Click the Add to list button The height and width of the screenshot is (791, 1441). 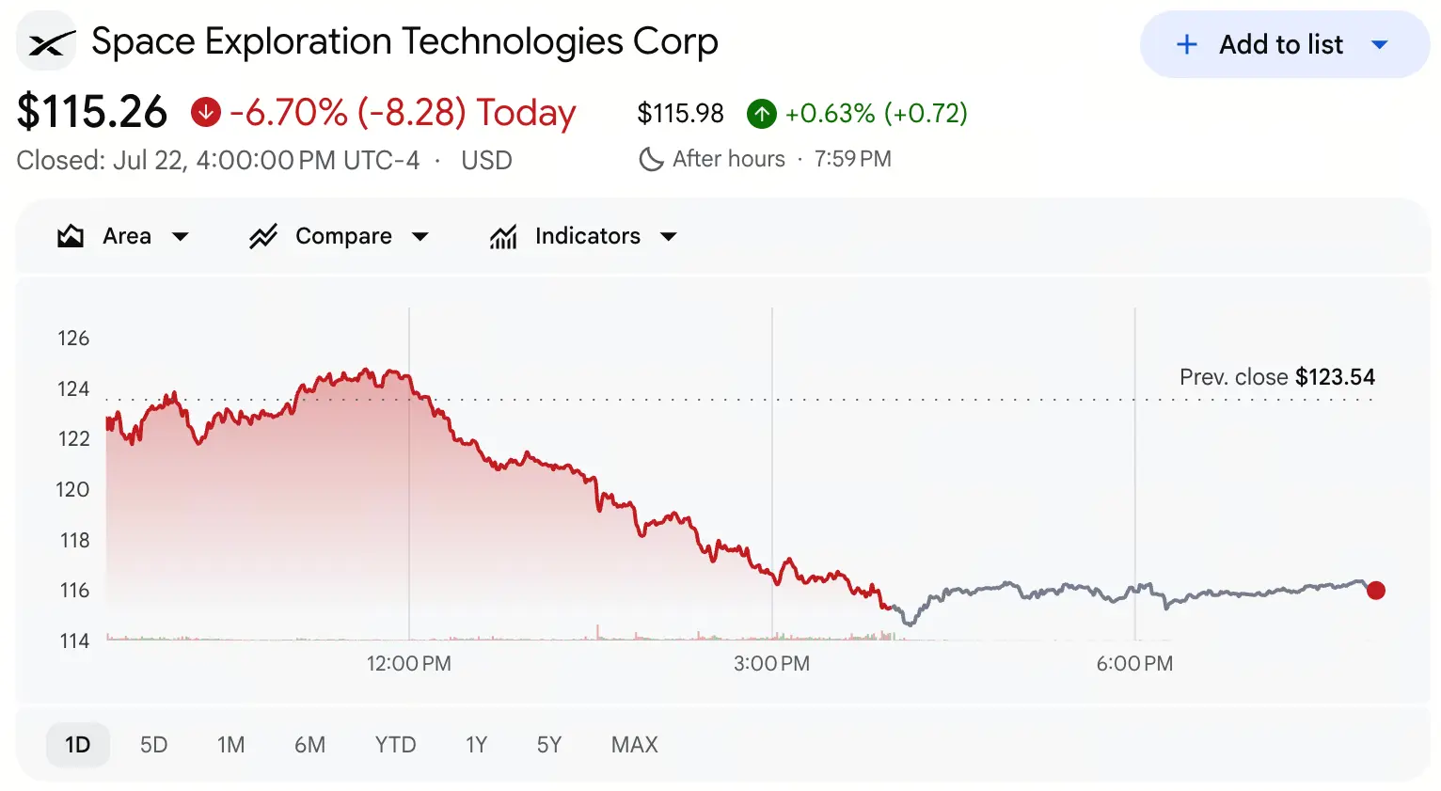pos(1284,44)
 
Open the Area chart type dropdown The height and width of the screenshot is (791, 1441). pos(123,236)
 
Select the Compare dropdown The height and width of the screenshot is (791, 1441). pos(339,236)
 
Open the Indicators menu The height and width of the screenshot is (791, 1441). pos(583,236)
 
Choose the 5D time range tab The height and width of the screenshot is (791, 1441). pos(153,745)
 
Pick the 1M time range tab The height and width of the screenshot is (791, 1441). pos(230,745)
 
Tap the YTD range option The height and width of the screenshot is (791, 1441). pos(395,745)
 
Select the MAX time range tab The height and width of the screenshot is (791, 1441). pos(634,745)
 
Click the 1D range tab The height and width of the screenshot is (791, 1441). pos(78,745)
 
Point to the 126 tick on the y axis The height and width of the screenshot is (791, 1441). pos(73,339)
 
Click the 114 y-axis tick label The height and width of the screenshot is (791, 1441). pos(74,641)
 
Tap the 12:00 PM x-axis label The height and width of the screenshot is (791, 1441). pos(409,664)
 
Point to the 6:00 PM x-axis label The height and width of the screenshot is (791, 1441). pos(1134,664)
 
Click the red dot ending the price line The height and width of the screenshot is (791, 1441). pos(1376,591)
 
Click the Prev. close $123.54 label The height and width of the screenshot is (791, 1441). pos(1277,377)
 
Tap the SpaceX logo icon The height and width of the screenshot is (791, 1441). pos(47,41)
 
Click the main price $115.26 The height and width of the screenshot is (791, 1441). pos(92,113)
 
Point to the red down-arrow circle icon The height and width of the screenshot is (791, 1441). pos(206,113)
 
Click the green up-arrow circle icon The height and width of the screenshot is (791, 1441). pos(762,113)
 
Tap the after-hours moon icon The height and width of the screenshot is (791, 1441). pos(651,159)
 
